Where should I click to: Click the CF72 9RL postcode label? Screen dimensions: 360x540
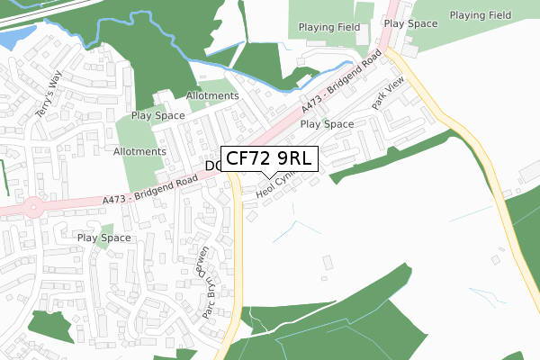(269, 159)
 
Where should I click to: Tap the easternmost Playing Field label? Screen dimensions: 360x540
(480, 15)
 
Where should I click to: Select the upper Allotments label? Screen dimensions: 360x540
(212, 95)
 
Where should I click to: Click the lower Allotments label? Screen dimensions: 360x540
(139, 151)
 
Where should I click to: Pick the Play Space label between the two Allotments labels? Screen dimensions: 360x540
(157, 115)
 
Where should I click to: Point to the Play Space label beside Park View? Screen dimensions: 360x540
(327, 124)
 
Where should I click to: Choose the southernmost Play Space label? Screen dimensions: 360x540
(103, 238)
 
